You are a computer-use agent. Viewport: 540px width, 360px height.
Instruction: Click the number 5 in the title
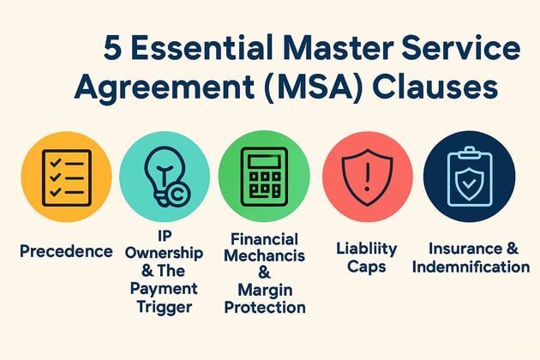pyautogui.click(x=112, y=47)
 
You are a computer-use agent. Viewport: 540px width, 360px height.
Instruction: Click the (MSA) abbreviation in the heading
pyautogui.click(x=314, y=86)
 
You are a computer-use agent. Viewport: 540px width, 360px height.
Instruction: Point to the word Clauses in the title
pyautogui.click(x=435, y=86)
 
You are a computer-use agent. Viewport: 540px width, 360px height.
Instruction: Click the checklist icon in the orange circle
pyautogui.click(x=67, y=177)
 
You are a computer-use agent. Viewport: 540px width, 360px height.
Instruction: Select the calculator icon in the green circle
pyautogui.click(x=264, y=177)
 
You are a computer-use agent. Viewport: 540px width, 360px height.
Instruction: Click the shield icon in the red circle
pyautogui.click(x=367, y=177)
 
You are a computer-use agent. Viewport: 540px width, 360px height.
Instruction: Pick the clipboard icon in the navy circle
pyautogui.click(x=470, y=177)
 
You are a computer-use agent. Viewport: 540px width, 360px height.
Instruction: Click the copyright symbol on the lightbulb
pyautogui.click(x=178, y=195)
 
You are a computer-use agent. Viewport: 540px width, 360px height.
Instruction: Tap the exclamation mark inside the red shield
pyautogui.click(x=367, y=176)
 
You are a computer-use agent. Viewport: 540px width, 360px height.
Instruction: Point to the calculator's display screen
pyautogui.click(x=264, y=161)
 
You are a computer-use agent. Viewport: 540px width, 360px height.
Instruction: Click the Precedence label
pyautogui.click(x=66, y=251)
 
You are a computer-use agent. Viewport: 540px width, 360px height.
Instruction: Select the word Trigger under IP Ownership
pyautogui.click(x=165, y=307)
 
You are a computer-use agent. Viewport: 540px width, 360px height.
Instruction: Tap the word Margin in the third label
pyautogui.click(x=265, y=291)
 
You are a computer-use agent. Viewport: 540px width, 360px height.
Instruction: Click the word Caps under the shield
pyautogui.click(x=367, y=267)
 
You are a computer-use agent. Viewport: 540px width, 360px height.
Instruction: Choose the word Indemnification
pyautogui.click(x=471, y=267)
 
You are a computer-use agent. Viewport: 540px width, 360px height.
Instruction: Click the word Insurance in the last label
pyautogui.click(x=465, y=249)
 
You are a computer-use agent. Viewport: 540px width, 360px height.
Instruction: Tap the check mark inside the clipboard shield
pyautogui.click(x=468, y=184)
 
